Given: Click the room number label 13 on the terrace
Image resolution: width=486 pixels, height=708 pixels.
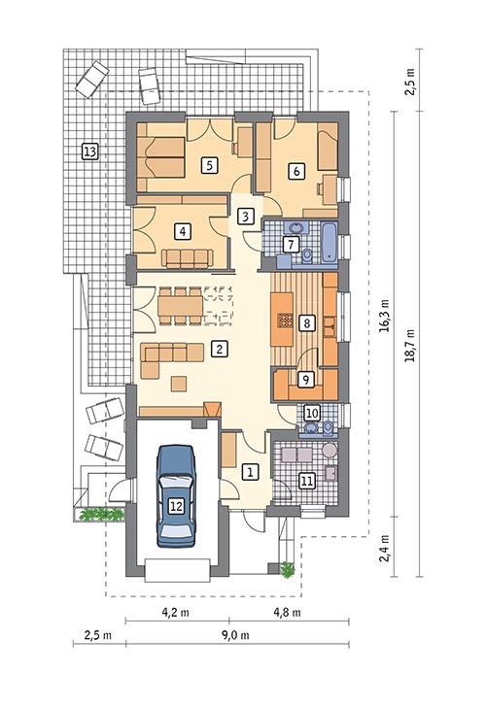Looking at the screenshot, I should [89, 152].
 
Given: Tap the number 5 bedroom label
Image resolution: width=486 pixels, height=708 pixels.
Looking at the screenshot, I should [208, 165].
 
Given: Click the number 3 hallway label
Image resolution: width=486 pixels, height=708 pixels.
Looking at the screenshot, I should [246, 216].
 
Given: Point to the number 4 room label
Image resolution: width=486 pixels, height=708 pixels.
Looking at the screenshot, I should [180, 231].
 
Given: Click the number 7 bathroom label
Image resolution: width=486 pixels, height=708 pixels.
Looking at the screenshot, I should [290, 243].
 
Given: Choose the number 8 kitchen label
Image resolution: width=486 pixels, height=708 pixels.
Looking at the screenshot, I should [307, 322].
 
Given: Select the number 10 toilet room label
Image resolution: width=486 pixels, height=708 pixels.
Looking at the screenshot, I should [311, 413].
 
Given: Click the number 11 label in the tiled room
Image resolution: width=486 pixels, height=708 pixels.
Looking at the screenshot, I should [307, 480].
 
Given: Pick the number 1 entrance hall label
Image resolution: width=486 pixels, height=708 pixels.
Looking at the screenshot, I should [250, 472].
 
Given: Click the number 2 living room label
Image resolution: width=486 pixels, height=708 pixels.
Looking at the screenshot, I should [221, 348].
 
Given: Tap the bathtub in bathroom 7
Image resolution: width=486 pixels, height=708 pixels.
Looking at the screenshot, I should [331, 243].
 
